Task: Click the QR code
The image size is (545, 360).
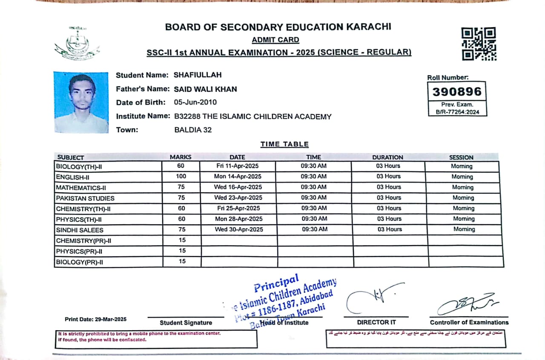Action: click(x=479, y=44)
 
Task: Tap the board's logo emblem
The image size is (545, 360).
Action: click(x=77, y=43)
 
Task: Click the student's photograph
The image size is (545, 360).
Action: click(x=81, y=102)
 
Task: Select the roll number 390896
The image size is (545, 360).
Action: click(x=457, y=91)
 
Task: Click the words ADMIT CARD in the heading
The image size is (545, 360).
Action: click(x=275, y=40)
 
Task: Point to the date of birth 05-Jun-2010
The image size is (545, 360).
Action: click(x=195, y=102)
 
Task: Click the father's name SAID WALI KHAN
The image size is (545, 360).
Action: click(x=205, y=89)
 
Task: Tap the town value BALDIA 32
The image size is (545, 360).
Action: click(x=193, y=130)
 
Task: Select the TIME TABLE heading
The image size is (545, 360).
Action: click(x=284, y=144)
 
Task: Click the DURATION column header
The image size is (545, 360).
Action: click(x=387, y=157)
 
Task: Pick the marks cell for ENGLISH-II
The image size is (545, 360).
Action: click(x=181, y=176)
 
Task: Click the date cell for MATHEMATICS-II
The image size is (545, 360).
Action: click(x=238, y=187)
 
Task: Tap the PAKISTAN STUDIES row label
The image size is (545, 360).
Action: click(x=85, y=198)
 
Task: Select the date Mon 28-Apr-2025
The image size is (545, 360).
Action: click(x=238, y=219)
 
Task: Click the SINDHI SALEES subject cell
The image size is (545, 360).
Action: click(x=80, y=230)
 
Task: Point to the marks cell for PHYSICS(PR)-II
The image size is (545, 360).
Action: click(x=182, y=251)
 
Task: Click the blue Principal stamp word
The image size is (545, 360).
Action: click(x=277, y=283)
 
